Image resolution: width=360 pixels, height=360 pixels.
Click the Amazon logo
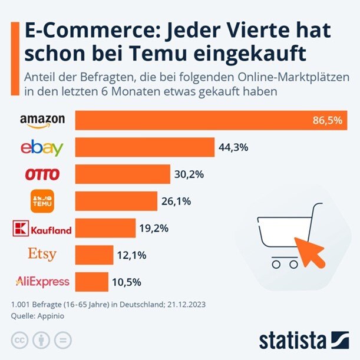[x=42, y=121]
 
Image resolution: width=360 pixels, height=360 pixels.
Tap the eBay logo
[x=42, y=147]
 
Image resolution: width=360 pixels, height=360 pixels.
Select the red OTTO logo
[x=42, y=174]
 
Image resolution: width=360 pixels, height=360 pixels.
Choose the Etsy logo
[x=42, y=255]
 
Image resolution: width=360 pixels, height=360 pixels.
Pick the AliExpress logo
[x=42, y=281]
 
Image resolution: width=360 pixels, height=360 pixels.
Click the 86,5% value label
[x=328, y=121]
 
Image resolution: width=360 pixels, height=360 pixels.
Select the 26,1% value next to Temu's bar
[x=176, y=202]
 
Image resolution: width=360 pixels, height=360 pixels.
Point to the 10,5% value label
[x=126, y=282]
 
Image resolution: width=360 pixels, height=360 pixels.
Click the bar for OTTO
[x=123, y=174]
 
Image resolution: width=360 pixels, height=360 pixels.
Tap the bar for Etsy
[x=94, y=255]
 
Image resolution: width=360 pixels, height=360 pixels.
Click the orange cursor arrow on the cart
[x=310, y=250]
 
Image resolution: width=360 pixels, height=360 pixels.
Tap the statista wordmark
[x=292, y=341]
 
